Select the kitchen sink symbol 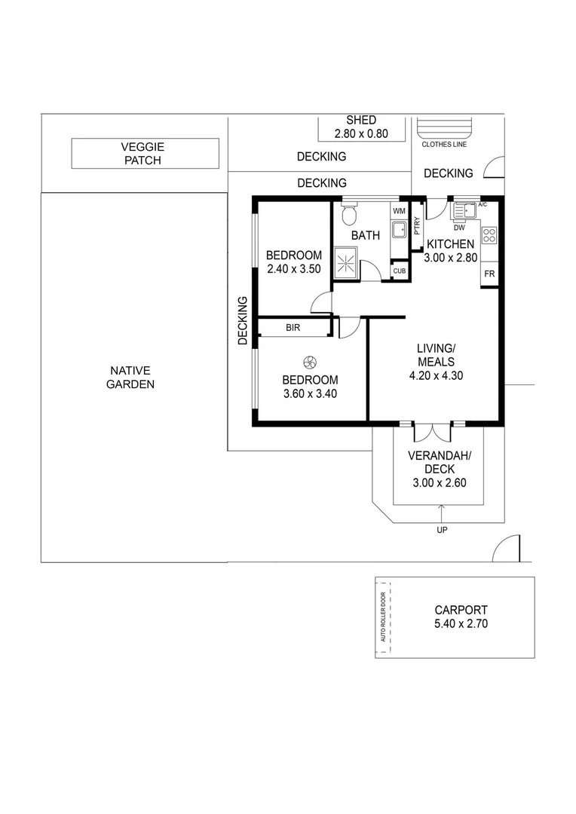[461, 211]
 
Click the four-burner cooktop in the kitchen [489, 235]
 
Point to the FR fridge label [489, 273]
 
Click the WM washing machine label [399, 210]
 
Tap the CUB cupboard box [399, 271]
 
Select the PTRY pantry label [416, 227]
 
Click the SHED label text [361, 120]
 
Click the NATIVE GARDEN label [132, 377]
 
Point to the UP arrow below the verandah [442, 515]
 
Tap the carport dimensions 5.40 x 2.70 [461, 624]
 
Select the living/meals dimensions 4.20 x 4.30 [437, 376]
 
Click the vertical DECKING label [243, 320]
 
